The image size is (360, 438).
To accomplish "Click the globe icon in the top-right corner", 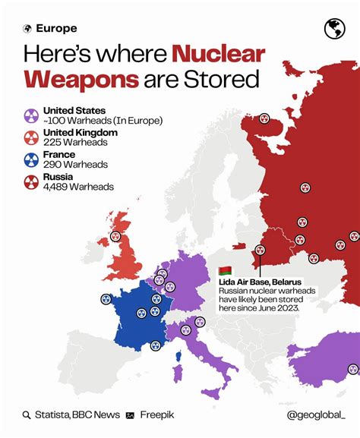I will click(334, 29).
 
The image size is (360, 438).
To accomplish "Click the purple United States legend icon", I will click(30, 116).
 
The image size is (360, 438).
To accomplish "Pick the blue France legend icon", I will click(30, 159).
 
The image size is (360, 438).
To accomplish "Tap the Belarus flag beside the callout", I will click(225, 271).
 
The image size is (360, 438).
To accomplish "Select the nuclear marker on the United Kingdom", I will click(115, 236).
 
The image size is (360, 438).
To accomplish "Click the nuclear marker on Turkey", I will click(353, 369).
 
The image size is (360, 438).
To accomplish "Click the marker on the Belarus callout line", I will click(260, 250).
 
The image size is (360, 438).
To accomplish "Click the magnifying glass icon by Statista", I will click(27, 414).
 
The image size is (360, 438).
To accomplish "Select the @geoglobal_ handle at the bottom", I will click(315, 414).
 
